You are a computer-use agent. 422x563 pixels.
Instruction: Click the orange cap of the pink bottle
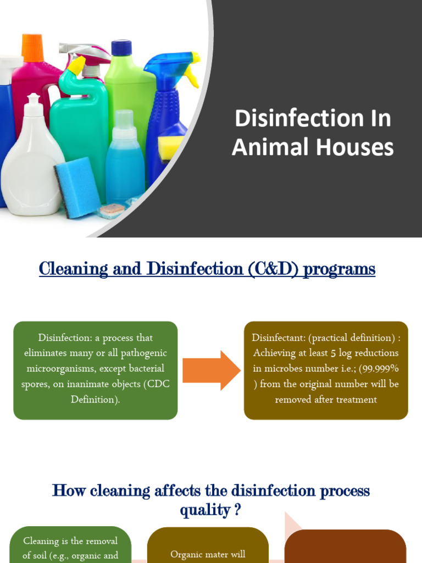coord(32,48)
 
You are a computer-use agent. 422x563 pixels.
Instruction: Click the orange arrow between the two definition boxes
coord(211,370)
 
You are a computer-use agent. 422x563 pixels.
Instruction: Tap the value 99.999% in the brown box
coord(379,368)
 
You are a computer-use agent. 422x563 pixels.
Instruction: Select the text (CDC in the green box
coord(156,384)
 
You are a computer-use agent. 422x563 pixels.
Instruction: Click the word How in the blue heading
coord(65,490)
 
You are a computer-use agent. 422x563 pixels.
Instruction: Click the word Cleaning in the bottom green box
coord(41,541)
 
